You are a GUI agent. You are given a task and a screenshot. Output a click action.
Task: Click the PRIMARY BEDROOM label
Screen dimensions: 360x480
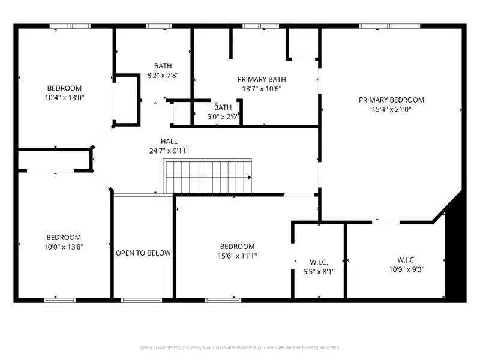tap(391, 100)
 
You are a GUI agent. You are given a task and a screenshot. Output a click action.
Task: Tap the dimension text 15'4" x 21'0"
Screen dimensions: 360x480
tap(391, 110)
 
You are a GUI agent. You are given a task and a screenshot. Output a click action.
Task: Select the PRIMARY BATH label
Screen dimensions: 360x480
tap(262, 79)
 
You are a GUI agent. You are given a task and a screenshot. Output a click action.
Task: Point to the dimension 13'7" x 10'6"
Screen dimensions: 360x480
tap(262, 89)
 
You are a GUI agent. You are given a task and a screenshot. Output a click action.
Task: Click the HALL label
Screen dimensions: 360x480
tap(169, 142)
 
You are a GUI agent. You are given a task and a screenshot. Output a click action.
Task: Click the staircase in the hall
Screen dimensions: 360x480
tap(208, 176)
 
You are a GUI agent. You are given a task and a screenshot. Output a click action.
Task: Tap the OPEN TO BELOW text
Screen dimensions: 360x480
tap(143, 253)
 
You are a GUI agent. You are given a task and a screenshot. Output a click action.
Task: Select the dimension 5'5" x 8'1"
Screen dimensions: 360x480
tap(319, 272)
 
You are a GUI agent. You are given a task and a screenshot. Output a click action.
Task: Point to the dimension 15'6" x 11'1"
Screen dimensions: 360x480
tap(237, 256)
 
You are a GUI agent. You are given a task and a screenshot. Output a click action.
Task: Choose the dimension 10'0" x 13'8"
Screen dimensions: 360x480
tap(64, 247)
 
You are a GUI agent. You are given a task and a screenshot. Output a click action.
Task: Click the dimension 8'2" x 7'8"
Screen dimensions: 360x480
tap(163, 76)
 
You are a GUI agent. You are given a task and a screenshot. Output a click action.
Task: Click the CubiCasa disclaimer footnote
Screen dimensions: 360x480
tap(239, 347)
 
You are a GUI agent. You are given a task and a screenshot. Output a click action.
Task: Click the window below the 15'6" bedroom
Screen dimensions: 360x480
tap(219, 299)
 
